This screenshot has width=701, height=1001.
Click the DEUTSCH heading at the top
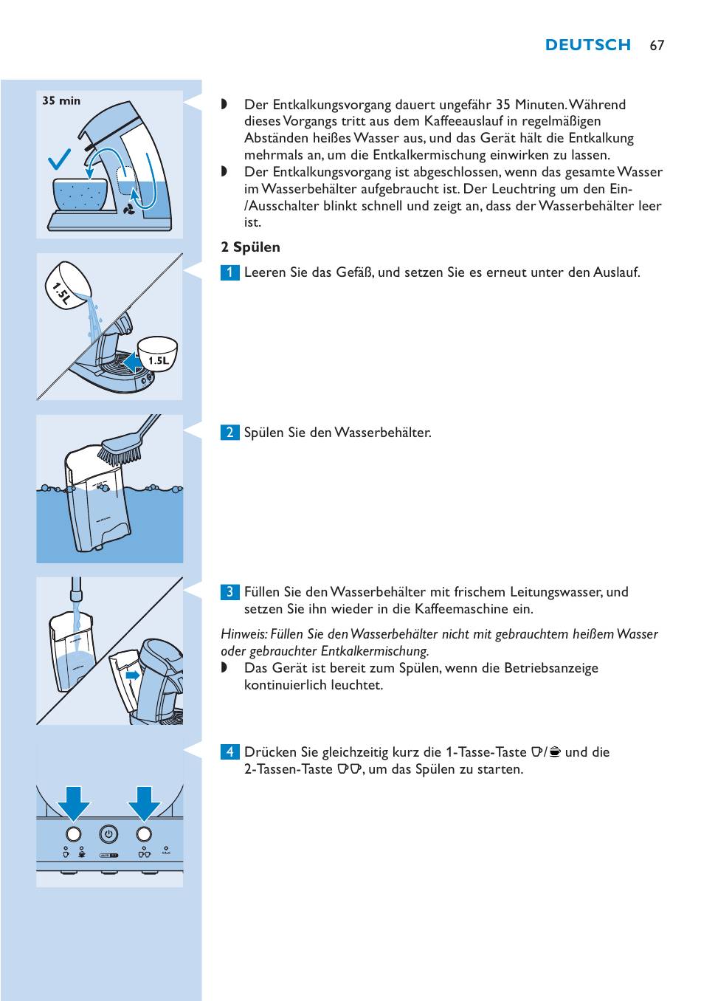click(x=588, y=45)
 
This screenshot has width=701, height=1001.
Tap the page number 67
click(x=657, y=46)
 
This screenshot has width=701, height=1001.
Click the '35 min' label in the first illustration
click(x=61, y=100)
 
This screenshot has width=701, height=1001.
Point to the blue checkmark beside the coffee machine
click(x=59, y=160)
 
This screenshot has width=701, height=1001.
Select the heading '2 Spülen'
click(x=251, y=247)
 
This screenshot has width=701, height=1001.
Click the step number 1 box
click(x=229, y=272)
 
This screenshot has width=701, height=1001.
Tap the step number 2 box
click(x=229, y=433)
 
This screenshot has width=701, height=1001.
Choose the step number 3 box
click(x=229, y=592)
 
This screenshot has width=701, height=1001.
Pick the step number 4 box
click(x=229, y=752)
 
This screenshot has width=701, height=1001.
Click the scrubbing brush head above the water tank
click(x=120, y=450)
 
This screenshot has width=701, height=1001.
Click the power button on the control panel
click(x=108, y=834)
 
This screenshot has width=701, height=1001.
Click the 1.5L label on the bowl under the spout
click(x=159, y=361)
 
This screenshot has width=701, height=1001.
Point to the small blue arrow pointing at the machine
click(x=133, y=675)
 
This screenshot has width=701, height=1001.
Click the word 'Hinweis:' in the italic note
click(x=244, y=634)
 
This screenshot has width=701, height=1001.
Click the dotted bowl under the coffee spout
click(x=81, y=194)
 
